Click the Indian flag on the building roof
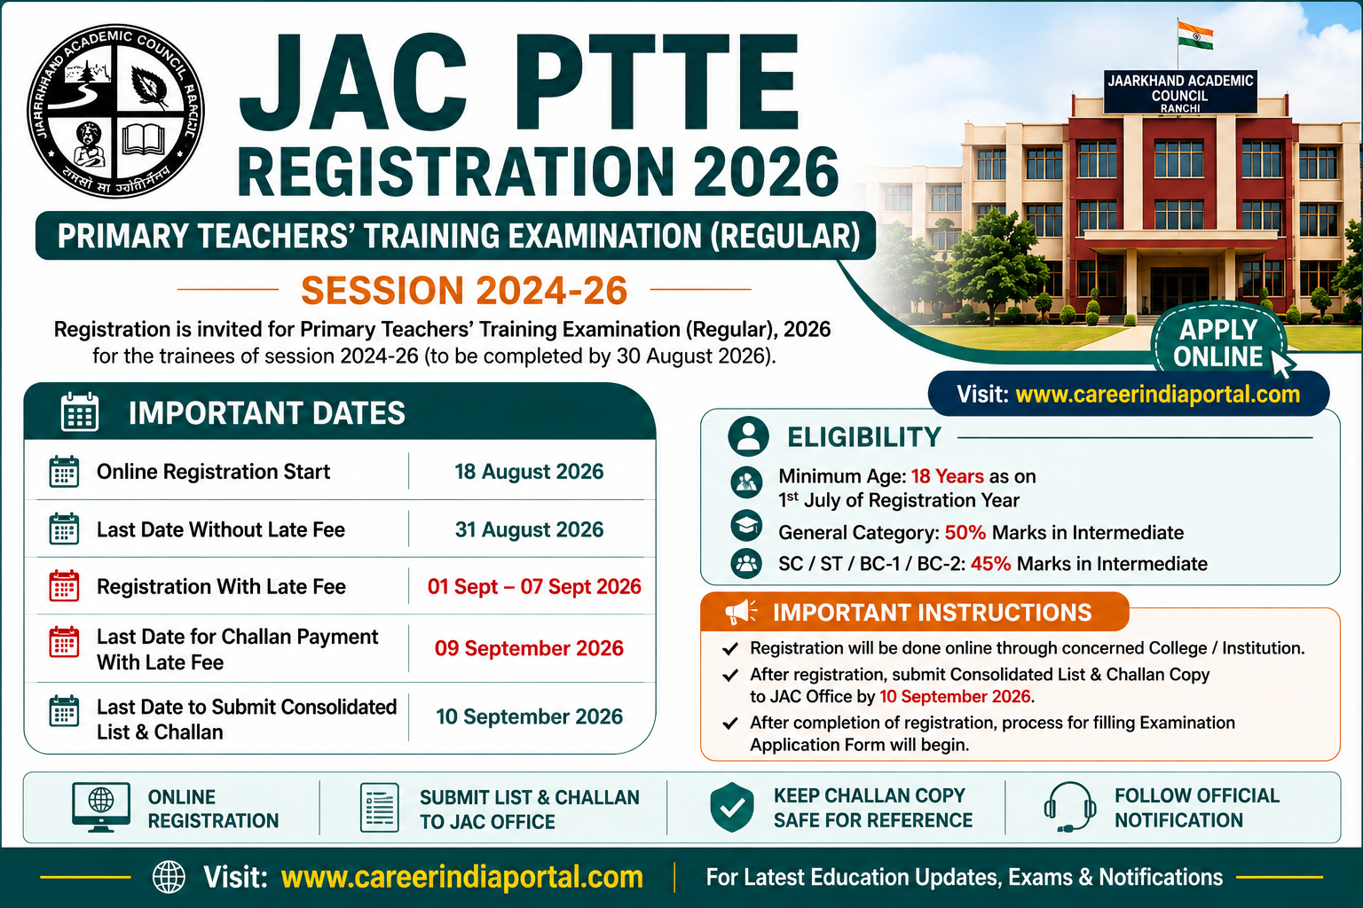coord(1195,35)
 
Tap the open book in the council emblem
coord(144,140)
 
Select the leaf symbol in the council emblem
coord(149,86)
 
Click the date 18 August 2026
coord(529,472)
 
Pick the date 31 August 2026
coord(529,529)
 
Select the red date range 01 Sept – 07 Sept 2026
coord(534,586)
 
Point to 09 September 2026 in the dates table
coord(529,648)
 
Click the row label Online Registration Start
coord(213,472)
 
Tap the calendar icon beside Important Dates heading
coord(80,411)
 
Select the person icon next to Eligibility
coord(748,436)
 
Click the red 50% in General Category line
coord(965,533)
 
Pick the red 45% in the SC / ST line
coord(990,564)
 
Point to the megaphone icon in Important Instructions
coord(741,612)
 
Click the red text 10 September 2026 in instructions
coord(956,696)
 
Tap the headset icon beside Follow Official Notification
coord(1069,807)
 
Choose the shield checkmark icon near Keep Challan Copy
coord(732,807)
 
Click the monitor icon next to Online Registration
coord(101,807)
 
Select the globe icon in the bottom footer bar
coord(169,877)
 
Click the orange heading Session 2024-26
coord(464,290)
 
